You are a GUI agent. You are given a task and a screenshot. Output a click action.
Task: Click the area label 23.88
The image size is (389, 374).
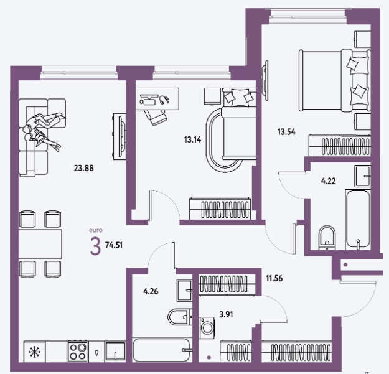[x=84, y=168]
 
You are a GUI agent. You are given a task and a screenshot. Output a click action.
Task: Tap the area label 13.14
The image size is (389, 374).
[x=192, y=139]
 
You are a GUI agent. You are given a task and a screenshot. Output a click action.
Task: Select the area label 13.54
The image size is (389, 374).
[x=286, y=132]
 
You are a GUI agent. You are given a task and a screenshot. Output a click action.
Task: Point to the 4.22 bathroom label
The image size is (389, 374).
[x=328, y=181]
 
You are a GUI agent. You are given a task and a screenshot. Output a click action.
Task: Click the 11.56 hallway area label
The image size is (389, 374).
[x=274, y=278]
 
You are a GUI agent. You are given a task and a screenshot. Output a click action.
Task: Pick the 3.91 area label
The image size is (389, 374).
[x=226, y=314]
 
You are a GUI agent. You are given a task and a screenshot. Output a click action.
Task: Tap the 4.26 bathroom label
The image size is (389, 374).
[x=151, y=291]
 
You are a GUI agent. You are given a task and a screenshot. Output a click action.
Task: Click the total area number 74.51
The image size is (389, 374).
[x=114, y=245]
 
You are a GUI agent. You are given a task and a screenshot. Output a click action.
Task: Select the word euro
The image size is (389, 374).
[x=96, y=230]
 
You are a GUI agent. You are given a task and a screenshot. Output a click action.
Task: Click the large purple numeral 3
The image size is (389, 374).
[x=95, y=246]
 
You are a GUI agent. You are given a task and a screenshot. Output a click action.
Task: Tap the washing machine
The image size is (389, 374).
[x=207, y=327]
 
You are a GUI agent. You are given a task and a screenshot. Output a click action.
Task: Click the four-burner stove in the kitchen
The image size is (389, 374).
[x=78, y=352]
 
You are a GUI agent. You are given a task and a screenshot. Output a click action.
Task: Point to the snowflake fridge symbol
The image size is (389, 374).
[x=34, y=352]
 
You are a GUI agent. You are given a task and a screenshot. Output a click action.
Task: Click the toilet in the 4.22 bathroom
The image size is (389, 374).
[x=327, y=237]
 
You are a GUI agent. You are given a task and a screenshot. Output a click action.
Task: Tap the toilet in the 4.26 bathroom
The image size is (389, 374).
[x=180, y=317]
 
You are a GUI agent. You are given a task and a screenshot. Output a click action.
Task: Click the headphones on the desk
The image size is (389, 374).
[x=164, y=100]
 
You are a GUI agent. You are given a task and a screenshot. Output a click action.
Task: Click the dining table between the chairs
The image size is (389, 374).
[x=40, y=244]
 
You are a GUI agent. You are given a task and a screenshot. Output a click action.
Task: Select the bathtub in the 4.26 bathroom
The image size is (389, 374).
[x=161, y=350]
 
